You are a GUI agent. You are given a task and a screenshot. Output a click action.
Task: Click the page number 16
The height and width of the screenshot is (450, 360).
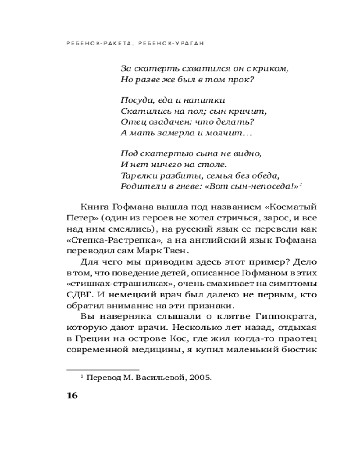coord(72,396)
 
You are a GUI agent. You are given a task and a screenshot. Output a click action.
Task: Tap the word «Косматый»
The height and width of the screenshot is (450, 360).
coord(292,207)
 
